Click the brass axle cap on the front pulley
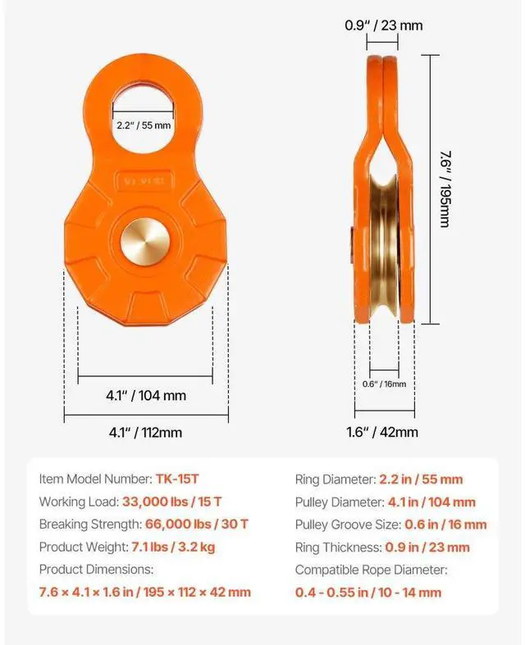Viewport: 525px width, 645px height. point(145,243)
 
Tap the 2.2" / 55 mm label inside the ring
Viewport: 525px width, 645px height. point(144,125)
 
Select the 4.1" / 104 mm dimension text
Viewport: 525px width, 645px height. point(146,396)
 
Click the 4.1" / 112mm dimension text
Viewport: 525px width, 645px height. point(145,433)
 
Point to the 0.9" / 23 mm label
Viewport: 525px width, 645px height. point(384,25)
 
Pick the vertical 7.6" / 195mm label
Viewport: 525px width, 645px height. point(445,189)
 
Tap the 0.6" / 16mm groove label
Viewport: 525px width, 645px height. point(384,384)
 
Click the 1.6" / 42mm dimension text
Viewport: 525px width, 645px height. point(382,433)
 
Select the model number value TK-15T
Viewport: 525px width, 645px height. point(177,479)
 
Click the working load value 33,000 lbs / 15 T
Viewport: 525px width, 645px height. point(171,502)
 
